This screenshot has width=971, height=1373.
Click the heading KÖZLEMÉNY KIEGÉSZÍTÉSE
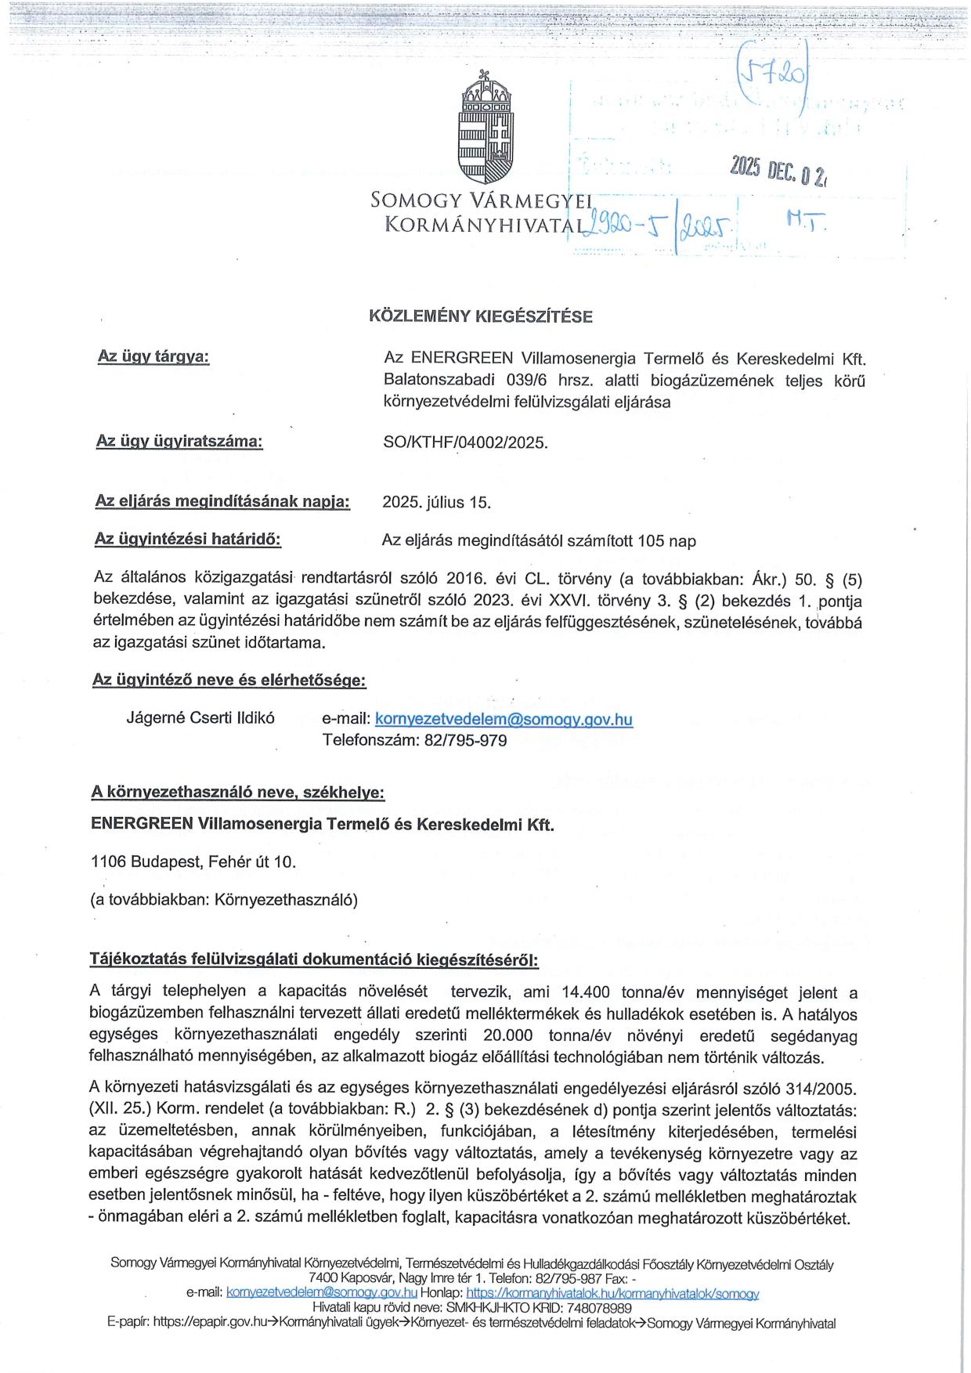coord(481,316)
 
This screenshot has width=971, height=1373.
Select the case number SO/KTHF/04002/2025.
coord(465,443)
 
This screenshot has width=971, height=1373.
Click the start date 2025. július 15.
coord(436,502)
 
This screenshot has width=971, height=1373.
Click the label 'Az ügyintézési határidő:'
coord(187,539)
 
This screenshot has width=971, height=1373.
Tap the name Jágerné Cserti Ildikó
coord(200,718)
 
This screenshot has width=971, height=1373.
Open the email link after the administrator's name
coord(504,719)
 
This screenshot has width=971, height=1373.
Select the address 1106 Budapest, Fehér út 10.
coord(193,862)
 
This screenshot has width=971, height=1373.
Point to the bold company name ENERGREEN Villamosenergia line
coord(323,824)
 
